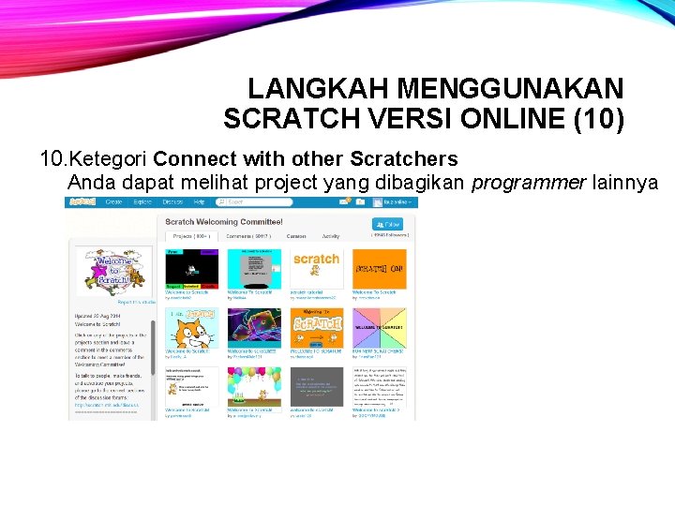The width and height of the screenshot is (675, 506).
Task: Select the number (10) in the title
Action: pos(595,120)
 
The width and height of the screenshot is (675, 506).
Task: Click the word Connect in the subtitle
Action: pos(193,158)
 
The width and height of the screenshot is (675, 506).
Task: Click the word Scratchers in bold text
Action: pos(404,158)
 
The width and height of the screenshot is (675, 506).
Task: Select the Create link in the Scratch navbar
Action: pos(113,201)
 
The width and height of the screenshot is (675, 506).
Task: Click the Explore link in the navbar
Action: pos(142,201)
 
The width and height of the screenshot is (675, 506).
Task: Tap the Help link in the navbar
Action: pos(199,201)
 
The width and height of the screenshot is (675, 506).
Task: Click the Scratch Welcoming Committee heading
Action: pos(223,222)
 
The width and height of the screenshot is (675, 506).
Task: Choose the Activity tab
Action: pos(331,237)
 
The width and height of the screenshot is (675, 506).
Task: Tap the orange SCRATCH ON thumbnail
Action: pos(379,269)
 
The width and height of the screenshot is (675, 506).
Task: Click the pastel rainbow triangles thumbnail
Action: pos(379,328)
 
